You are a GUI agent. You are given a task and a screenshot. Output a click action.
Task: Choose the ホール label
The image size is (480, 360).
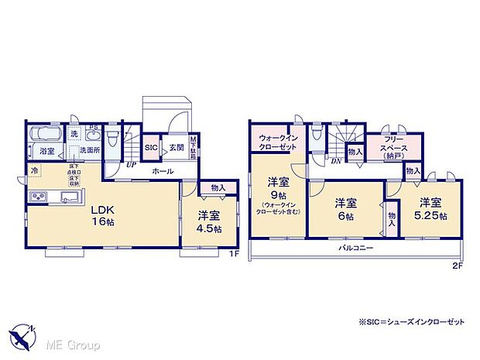pyautogui.click(x=163, y=170)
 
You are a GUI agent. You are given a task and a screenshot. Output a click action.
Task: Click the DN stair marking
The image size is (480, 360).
pyautogui.click(x=337, y=160)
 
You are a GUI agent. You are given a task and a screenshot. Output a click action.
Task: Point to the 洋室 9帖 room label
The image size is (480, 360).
pyautogui.click(x=279, y=190)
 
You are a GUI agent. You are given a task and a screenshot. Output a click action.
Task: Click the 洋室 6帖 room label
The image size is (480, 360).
pyautogui.click(x=345, y=208)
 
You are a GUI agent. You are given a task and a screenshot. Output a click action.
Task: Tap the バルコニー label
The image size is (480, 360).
pyautogui.click(x=356, y=249)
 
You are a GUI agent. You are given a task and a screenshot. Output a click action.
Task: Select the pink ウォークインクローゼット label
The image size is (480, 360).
pyautogui.click(x=278, y=143)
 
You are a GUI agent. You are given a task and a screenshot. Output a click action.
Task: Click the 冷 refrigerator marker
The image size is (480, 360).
pyautogui.click(x=34, y=169)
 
